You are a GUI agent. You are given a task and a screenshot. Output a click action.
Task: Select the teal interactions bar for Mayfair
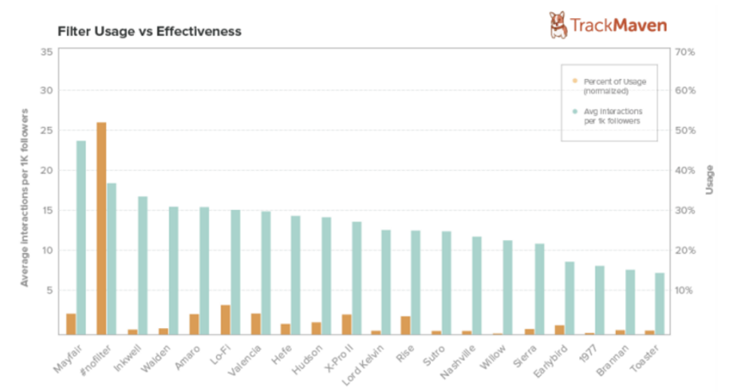click(x=81, y=237)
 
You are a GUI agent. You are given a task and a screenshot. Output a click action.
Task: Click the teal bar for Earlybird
click(x=570, y=298)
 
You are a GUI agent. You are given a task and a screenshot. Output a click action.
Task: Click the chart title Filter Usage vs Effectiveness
click(x=150, y=32)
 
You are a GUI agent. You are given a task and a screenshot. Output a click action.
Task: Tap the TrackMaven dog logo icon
click(x=558, y=25)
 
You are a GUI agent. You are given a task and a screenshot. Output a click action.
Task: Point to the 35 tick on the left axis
click(x=47, y=52)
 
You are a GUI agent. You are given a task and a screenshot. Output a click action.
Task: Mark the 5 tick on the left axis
click(x=50, y=290)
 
